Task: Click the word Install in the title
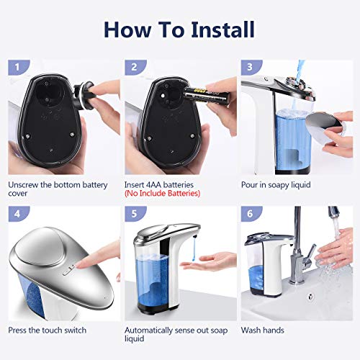click(222, 30)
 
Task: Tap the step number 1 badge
click(19, 68)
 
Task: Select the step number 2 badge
click(135, 68)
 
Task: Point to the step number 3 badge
click(251, 68)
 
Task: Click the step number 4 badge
click(19, 214)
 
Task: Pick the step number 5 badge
click(135, 214)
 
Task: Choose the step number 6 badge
click(251, 214)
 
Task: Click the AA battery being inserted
click(207, 95)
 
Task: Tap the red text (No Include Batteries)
click(162, 193)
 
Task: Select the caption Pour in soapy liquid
click(276, 185)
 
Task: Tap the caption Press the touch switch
click(48, 330)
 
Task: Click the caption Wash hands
click(263, 330)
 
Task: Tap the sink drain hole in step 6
click(311, 297)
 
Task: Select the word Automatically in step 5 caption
click(148, 330)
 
